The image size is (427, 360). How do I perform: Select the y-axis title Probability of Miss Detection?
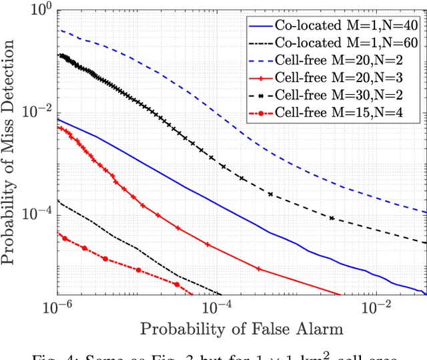click(x=11, y=152)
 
